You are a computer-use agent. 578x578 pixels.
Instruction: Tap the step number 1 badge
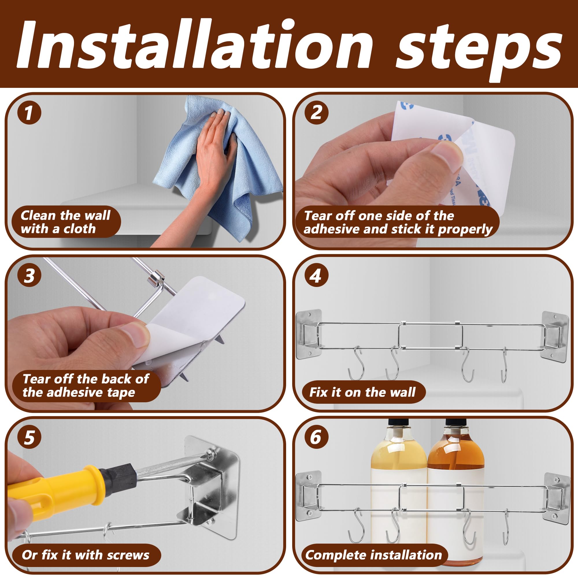pos(29,113)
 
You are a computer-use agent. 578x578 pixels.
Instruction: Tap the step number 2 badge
pos(316,113)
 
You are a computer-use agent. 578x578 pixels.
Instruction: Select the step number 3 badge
pos(29,275)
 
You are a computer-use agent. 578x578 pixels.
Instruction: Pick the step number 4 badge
pos(316,275)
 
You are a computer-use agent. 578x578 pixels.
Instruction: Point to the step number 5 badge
pos(29,437)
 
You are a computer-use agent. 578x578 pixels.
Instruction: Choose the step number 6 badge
pos(316,437)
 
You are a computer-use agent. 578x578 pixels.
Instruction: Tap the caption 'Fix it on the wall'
pos(362,392)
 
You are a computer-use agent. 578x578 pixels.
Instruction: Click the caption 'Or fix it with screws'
pos(86,555)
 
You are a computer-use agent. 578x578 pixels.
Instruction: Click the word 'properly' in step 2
pos(465,230)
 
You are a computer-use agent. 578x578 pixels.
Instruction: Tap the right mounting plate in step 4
pos(555,337)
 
